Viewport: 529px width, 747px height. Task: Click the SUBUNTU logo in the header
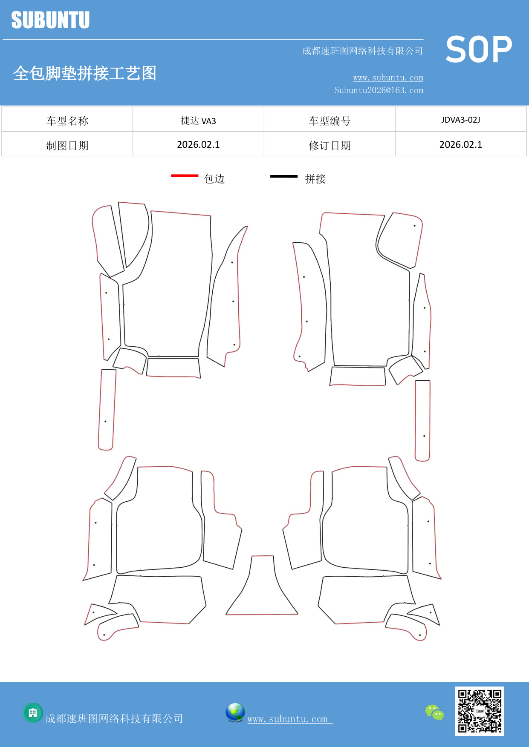point(50,20)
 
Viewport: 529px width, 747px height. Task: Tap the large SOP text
point(479,49)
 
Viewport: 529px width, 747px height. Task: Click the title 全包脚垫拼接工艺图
point(85,73)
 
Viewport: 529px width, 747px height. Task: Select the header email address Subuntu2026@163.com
point(379,90)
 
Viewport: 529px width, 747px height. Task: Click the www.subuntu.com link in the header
point(388,78)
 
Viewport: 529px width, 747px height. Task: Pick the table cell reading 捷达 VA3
point(198,121)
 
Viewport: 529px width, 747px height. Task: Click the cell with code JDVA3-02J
point(460,120)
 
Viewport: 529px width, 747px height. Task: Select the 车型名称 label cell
point(67,121)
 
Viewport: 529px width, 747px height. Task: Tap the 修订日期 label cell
point(330,146)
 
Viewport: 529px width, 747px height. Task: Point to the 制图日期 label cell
point(67,146)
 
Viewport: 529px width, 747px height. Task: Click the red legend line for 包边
point(185,175)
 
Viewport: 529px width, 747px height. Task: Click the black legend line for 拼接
point(283,176)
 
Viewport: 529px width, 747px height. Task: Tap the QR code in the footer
point(479,711)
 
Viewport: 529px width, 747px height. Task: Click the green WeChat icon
point(434,713)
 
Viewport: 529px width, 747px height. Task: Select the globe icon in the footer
point(235,713)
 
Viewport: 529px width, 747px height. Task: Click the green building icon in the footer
point(33,713)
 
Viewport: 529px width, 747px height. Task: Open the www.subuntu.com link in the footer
point(288,719)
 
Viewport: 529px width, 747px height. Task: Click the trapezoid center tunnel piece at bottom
point(262,592)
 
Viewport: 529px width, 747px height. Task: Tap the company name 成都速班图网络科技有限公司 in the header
point(362,51)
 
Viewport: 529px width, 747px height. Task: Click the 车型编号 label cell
point(330,121)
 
